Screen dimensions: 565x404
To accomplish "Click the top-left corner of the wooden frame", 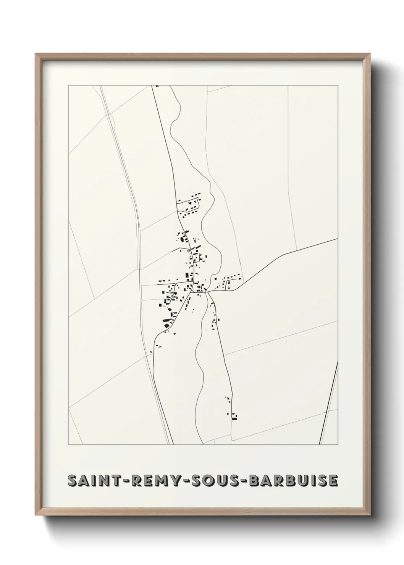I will (36, 54).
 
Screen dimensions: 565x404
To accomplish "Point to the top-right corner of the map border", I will (338, 86).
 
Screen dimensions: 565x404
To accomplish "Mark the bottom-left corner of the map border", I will (68, 445).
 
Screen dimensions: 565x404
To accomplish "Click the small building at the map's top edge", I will (157, 86).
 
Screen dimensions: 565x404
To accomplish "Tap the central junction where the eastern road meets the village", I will (206, 292).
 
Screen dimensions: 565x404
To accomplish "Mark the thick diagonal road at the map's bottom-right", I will (328, 405).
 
